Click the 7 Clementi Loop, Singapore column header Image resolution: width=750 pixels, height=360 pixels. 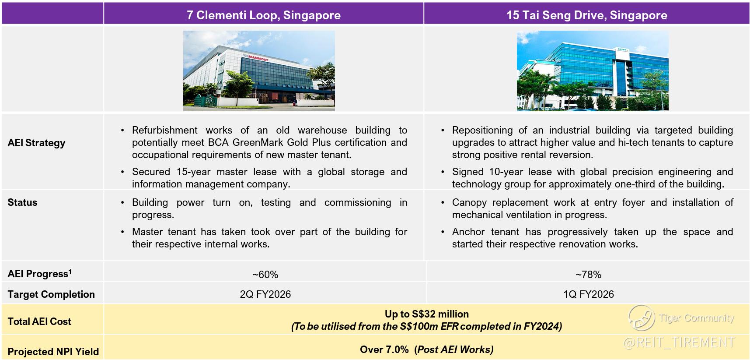(264, 15)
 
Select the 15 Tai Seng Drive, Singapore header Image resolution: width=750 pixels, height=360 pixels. (587, 15)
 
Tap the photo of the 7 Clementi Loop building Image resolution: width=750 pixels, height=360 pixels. (259, 71)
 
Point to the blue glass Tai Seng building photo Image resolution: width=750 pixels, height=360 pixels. (593, 71)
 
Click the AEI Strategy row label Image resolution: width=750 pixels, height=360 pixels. (36, 143)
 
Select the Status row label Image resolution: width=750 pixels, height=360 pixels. (22, 202)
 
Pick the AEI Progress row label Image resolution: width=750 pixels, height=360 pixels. (39, 274)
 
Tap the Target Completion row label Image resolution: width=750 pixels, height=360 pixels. (51, 294)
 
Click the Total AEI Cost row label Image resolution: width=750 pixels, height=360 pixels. (39, 321)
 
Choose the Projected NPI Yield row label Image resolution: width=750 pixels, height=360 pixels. (53, 352)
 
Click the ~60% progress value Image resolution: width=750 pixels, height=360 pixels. (265, 275)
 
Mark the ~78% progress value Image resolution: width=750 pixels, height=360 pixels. (589, 275)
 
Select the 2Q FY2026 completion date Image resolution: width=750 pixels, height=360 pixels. (265, 294)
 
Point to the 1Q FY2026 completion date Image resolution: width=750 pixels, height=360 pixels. (589, 294)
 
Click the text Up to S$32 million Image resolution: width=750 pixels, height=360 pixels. (427, 314)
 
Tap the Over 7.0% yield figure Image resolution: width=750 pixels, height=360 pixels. (384, 349)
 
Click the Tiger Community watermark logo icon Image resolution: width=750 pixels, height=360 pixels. (642, 318)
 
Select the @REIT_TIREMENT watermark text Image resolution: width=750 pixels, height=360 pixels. (679, 342)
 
